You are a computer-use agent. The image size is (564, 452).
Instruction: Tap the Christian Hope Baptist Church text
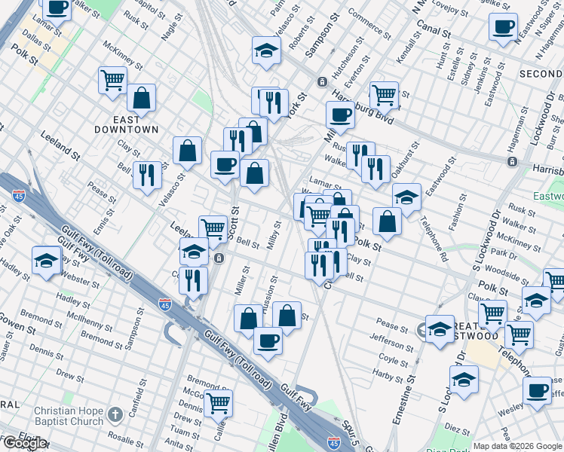tap(69, 416)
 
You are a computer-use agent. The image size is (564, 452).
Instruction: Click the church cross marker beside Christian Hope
tap(115, 414)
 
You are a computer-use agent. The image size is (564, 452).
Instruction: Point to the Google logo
tap(24, 443)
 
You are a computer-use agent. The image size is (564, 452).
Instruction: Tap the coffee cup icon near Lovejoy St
tap(503, 26)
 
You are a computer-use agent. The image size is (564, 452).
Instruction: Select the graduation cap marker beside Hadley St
tap(47, 260)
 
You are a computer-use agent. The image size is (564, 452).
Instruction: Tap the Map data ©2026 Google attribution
tap(518, 446)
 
